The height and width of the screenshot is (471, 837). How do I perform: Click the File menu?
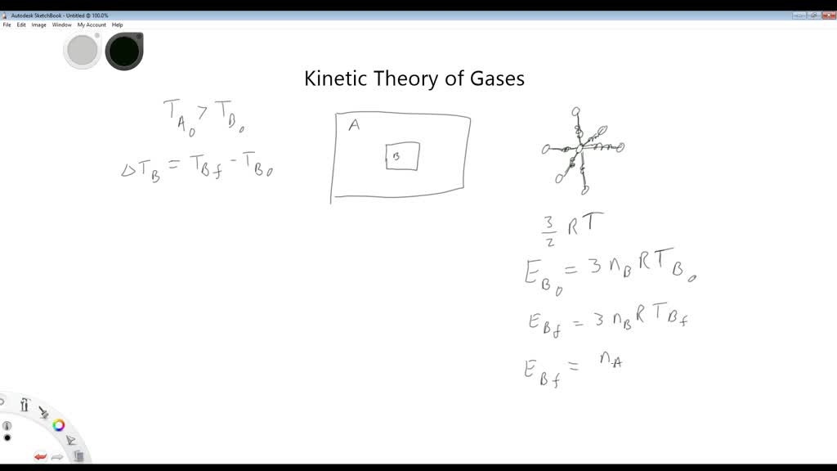click(7, 25)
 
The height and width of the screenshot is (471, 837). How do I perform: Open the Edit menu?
click(21, 25)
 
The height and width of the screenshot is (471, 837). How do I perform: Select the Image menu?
click(38, 25)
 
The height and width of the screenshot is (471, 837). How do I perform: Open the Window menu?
click(62, 25)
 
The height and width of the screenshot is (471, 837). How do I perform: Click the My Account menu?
click(92, 25)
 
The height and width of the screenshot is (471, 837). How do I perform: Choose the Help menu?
click(118, 25)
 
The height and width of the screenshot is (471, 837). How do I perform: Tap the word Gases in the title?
click(497, 78)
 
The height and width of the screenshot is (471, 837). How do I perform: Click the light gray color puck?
click(82, 50)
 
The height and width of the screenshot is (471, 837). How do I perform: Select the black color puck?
click(124, 51)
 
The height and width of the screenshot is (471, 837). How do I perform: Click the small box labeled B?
click(403, 156)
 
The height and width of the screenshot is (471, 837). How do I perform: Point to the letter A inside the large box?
click(354, 125)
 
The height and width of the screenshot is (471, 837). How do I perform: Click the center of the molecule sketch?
click(580, 149)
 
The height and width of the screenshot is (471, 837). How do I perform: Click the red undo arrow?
click(40, 456)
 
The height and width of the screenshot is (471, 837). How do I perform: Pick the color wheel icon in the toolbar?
click(59, 425)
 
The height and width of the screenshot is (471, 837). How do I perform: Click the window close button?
click(828, 15)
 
